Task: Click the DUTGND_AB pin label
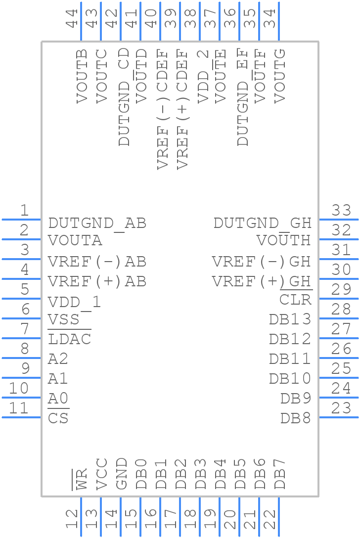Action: coord(97,224)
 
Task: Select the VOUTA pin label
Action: coord(75,241)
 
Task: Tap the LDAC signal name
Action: coord(70,340)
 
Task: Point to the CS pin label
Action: coord(58,419)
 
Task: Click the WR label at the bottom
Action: coord(81,479)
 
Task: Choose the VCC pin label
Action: coord(101,474)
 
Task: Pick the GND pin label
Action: coord(121,474)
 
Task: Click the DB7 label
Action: coord(280,474)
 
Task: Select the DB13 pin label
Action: coord(290,319)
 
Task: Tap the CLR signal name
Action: coord(295,300)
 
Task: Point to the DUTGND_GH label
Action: coord(263,224)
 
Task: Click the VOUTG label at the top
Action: coord(280,76)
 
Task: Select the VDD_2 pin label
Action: coord(203,76)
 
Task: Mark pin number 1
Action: coord(24,211)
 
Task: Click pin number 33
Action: coord(341,211)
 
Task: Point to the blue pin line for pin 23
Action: coord(338,417)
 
